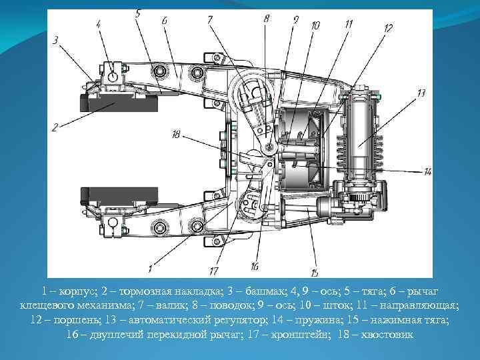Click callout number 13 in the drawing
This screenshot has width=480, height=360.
click(x=421, y=93)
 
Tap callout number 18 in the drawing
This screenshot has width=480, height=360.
click(x=176, y=135)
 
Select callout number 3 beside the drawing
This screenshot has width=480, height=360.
click(x=55, y=41)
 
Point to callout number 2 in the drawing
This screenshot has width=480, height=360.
click(x=55, y=127)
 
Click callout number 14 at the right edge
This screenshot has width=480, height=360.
click(x=427, y=172)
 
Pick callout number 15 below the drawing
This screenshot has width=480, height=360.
click(x=315, y=272)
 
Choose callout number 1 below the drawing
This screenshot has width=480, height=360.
click(x=150, y=269)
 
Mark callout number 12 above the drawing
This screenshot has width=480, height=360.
click(x=387, y=29)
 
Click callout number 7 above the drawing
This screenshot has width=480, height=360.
click(x=210, y=20)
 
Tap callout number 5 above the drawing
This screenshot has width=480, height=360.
click(x=138, y=13)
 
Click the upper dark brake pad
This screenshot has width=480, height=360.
click(x=119, y=103)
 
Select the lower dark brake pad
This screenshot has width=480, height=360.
click(x=119, y=196)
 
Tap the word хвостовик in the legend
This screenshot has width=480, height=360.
click(x=387, y=334)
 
